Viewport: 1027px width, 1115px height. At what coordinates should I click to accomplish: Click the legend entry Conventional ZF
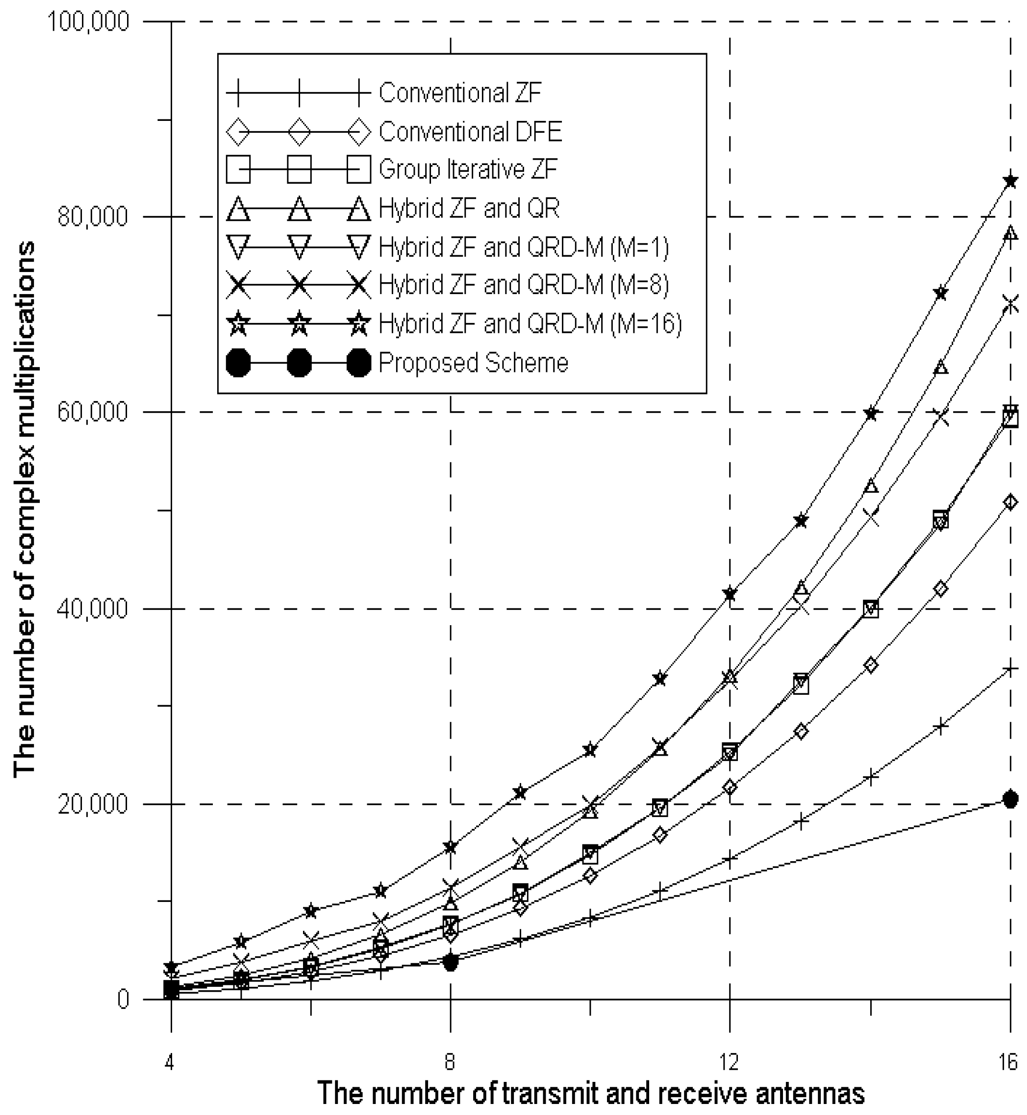tap(460, 93)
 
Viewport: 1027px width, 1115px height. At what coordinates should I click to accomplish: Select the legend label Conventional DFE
tap(470, 132)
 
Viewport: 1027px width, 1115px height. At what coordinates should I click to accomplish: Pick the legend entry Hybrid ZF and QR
tap(469, 208)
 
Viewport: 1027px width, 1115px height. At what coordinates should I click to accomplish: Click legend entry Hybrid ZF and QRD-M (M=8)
tap(524, 285)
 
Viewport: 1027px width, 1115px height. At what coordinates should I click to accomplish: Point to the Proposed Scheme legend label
tap(474, 363)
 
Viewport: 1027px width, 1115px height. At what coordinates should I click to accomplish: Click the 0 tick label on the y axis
tap(123, 999)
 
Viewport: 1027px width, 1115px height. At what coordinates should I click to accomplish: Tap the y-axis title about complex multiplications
tap(25, 510)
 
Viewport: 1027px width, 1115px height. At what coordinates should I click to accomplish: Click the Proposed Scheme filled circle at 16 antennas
tap(1010, 799)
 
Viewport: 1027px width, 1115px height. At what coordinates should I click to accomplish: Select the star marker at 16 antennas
tap(1010, 181)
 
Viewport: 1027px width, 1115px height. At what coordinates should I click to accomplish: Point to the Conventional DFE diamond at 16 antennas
tap(1010, 502)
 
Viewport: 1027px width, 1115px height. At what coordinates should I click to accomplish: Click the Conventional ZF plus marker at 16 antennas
tap(1010, 668)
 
